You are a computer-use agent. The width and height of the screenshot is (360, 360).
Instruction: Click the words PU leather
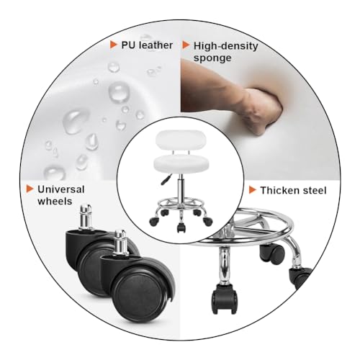[x=147, y=45]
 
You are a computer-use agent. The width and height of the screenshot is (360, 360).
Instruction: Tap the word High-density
[x=226, y=46]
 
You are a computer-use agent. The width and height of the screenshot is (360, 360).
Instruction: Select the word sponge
[x=212, y=58]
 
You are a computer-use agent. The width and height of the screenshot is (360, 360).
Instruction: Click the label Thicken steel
[x=293, y=190]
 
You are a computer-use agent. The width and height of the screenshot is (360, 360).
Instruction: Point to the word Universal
[x=61, y=189]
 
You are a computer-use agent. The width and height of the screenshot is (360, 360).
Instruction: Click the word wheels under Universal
[x=55, y=201]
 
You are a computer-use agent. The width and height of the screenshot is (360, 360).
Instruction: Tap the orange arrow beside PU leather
[x=113, y=45]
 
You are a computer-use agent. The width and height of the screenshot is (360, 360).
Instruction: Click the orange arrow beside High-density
[x=186, y=45]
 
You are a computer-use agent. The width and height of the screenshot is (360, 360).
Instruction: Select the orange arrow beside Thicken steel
[x=253, y=190]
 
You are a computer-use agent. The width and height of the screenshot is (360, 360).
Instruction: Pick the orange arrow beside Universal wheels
[x=30, y=189]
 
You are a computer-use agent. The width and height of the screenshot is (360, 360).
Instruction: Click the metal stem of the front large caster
[x=120, y=243]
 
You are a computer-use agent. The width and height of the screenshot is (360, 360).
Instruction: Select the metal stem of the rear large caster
[x=86, y=217]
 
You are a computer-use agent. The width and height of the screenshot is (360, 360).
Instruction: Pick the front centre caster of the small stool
[x=181, y=227]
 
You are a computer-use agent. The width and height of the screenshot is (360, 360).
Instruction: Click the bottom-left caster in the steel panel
[x=224, y=298]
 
